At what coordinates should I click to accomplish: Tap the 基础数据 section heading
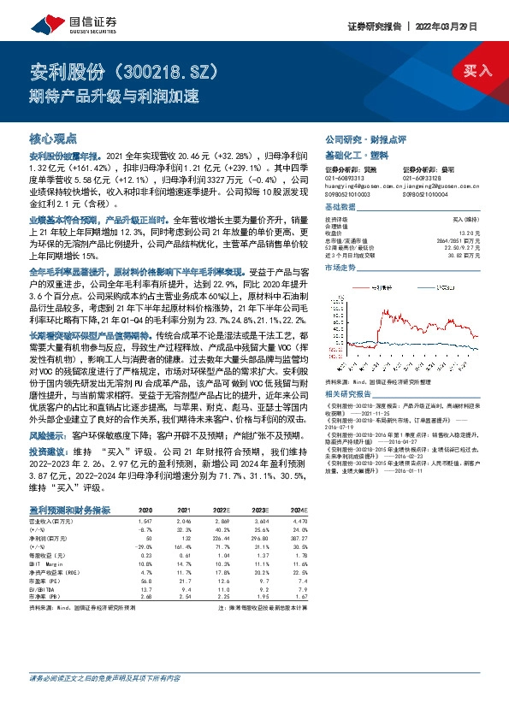coord(342,209)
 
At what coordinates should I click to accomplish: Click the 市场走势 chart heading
coord(342,268)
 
